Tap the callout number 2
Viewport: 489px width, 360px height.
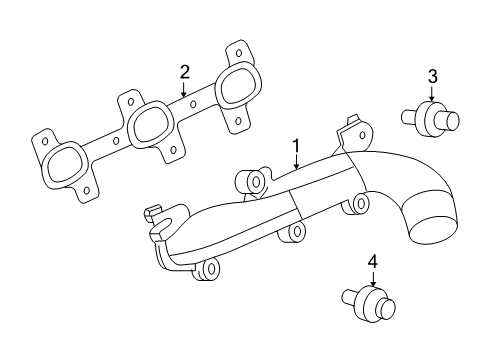[184, 72]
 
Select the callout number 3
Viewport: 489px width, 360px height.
[432, 75]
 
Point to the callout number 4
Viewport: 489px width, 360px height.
[372, 262]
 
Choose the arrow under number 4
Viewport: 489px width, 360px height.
[372, 282]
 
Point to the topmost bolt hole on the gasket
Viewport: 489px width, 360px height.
[236, 50]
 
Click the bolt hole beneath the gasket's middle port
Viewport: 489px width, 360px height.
[175, 151]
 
